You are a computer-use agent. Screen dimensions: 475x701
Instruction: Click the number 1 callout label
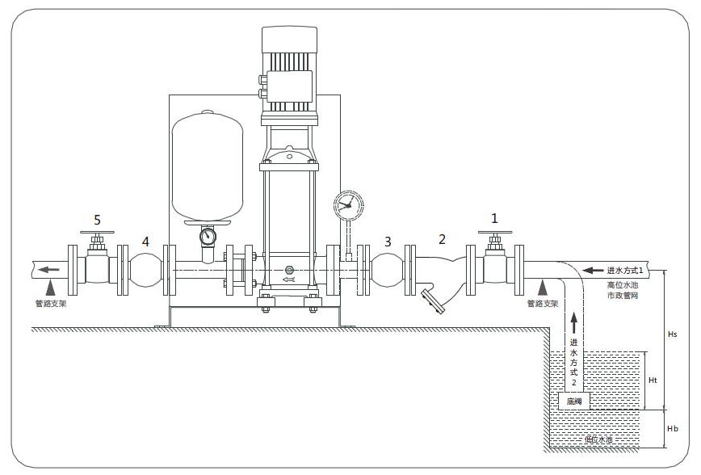tap(495, 218)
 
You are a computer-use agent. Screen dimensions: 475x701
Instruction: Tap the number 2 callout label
tap(442, 238)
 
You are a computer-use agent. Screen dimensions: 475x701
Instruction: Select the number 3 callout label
tap(388, 241)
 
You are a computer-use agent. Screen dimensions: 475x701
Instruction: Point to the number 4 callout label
tap(145, 241)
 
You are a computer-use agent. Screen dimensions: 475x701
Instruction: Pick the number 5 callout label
tap(98, 219)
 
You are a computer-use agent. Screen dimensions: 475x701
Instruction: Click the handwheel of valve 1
tap(494, 235)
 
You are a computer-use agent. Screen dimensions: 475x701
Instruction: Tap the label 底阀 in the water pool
tap(573, 401)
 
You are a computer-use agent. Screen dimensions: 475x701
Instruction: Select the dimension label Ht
tap(654, 380)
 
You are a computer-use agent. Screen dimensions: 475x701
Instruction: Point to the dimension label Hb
tap(674, 429)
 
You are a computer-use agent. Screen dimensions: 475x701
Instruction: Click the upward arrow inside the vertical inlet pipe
tap(573, 323)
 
